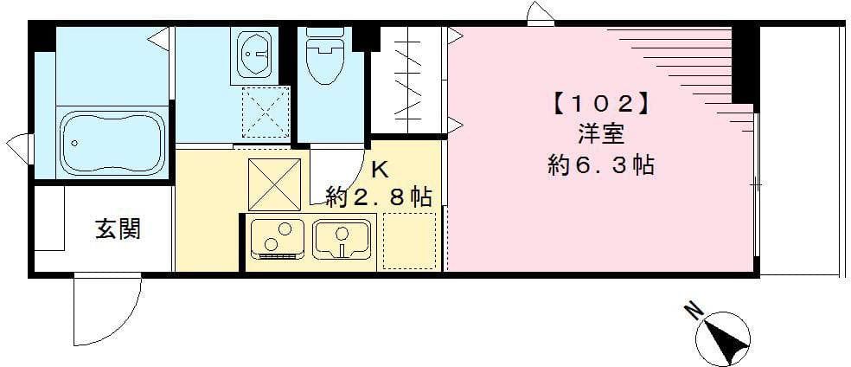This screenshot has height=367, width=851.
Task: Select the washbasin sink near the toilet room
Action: (257, 54)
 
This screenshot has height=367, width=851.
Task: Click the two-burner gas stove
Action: (277, 239)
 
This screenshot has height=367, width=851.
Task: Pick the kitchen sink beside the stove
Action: (342, 238)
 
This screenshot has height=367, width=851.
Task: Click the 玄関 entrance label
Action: (118, 229)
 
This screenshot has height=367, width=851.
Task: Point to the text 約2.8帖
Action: (379, 196)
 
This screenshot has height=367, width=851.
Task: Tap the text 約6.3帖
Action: (599, 164)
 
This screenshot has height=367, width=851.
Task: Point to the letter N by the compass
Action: (692, 310)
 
